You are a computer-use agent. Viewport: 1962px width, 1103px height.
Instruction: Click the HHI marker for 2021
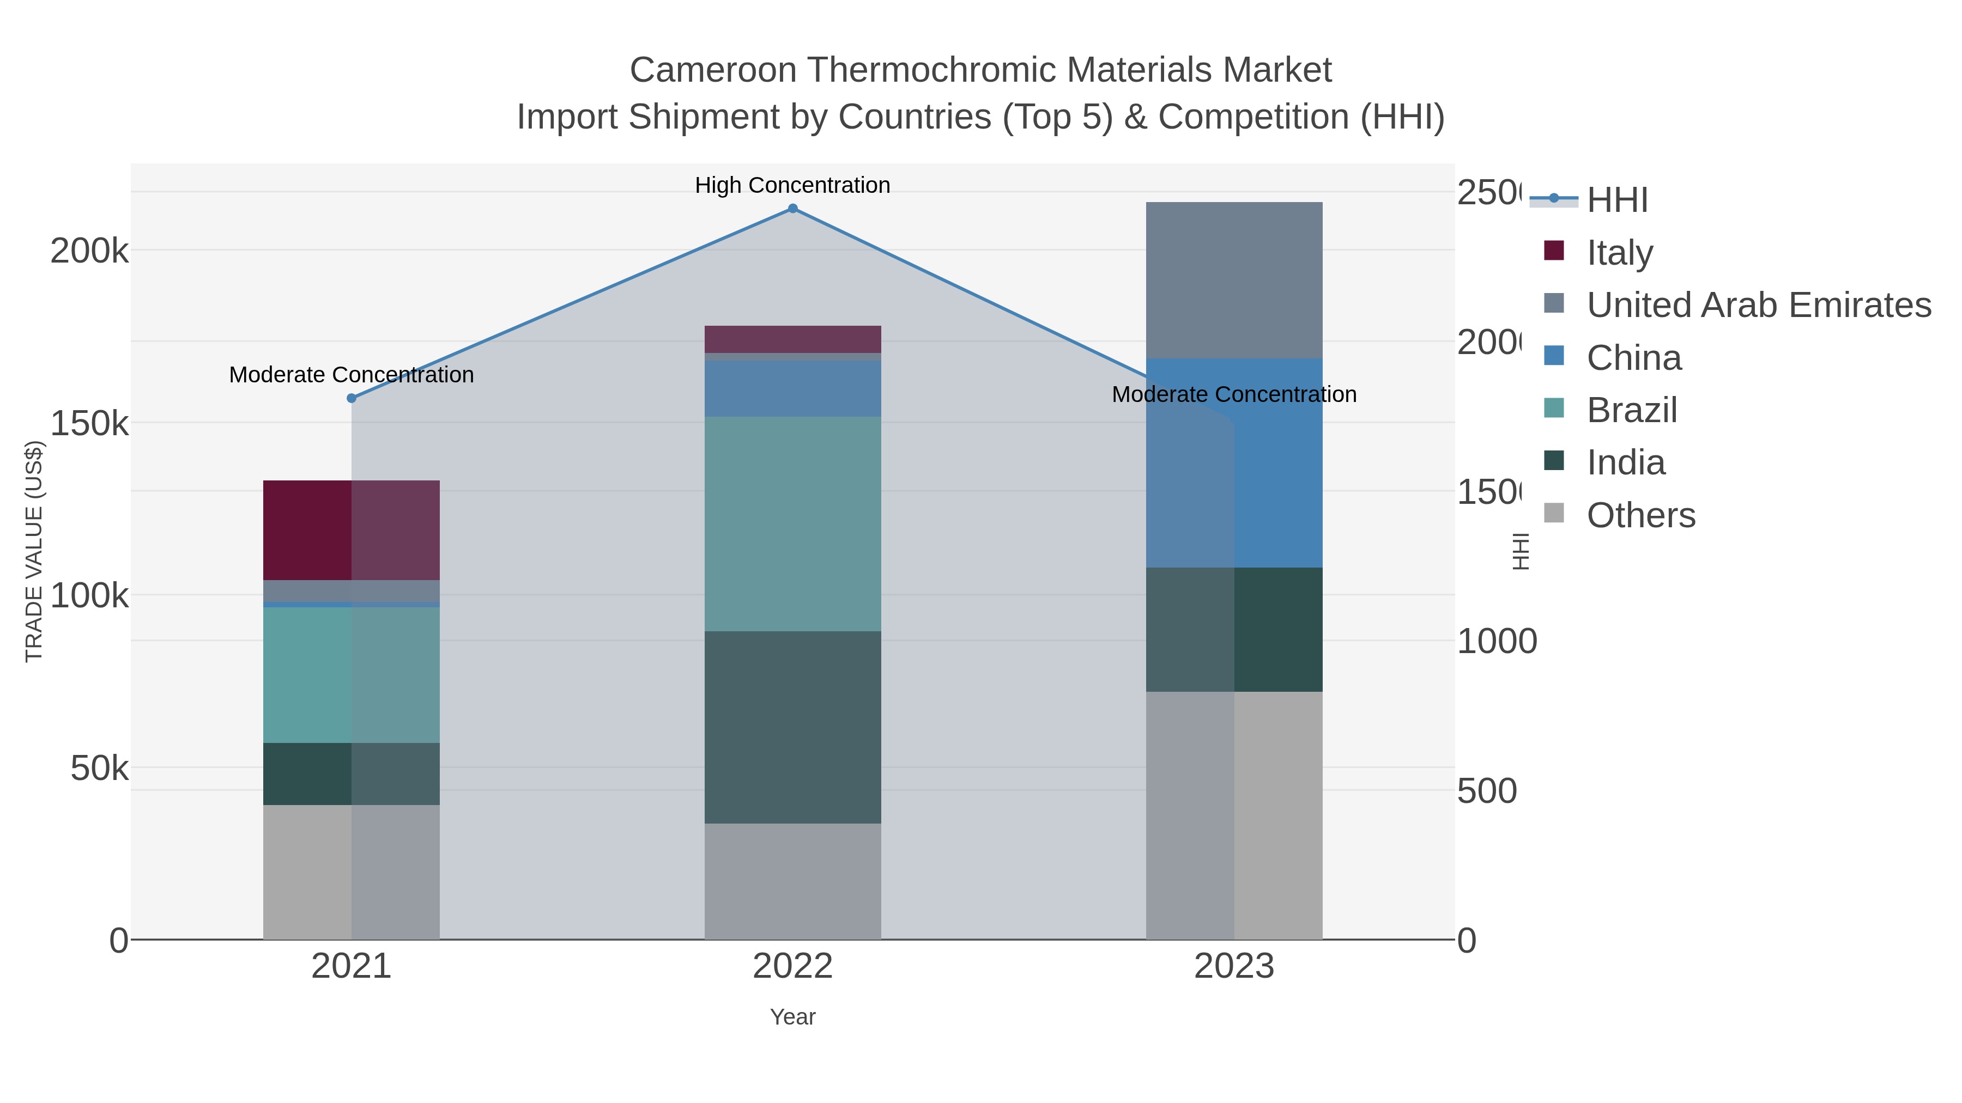pyautogui.click(x=351, y=398)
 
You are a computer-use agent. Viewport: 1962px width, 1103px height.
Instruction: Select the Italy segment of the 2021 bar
pyautogui.click(x=351, y=531)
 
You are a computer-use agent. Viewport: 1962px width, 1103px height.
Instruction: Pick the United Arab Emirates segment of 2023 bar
pyautogui.click(x=1234, y=280)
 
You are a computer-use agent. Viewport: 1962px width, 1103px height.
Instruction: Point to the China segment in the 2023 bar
pyautogui.click(x=1234, y=463)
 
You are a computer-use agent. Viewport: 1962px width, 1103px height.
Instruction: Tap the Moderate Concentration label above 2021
pyautogui.click(x=351, y=375)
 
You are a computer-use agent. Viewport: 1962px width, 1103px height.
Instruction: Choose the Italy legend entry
pyautogui.click(x=1619, y=252)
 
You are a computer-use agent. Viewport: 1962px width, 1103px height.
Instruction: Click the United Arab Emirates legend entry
pyautogui.click(x=1758, y=304)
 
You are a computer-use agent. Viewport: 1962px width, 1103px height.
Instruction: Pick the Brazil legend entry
pyautogui.click(x=1631, y=410)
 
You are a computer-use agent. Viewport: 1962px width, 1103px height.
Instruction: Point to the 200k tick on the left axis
pyautogui.click(x=89, y=251)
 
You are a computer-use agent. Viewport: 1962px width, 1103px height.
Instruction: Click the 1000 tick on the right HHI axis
pyautogui.click(x=1497, y=641)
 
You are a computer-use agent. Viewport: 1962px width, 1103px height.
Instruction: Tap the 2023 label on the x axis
pyautogui.click(x=1234, y=966)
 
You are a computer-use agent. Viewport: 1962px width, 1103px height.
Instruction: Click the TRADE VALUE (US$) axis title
pyautogui.click(x=34, y=551)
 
